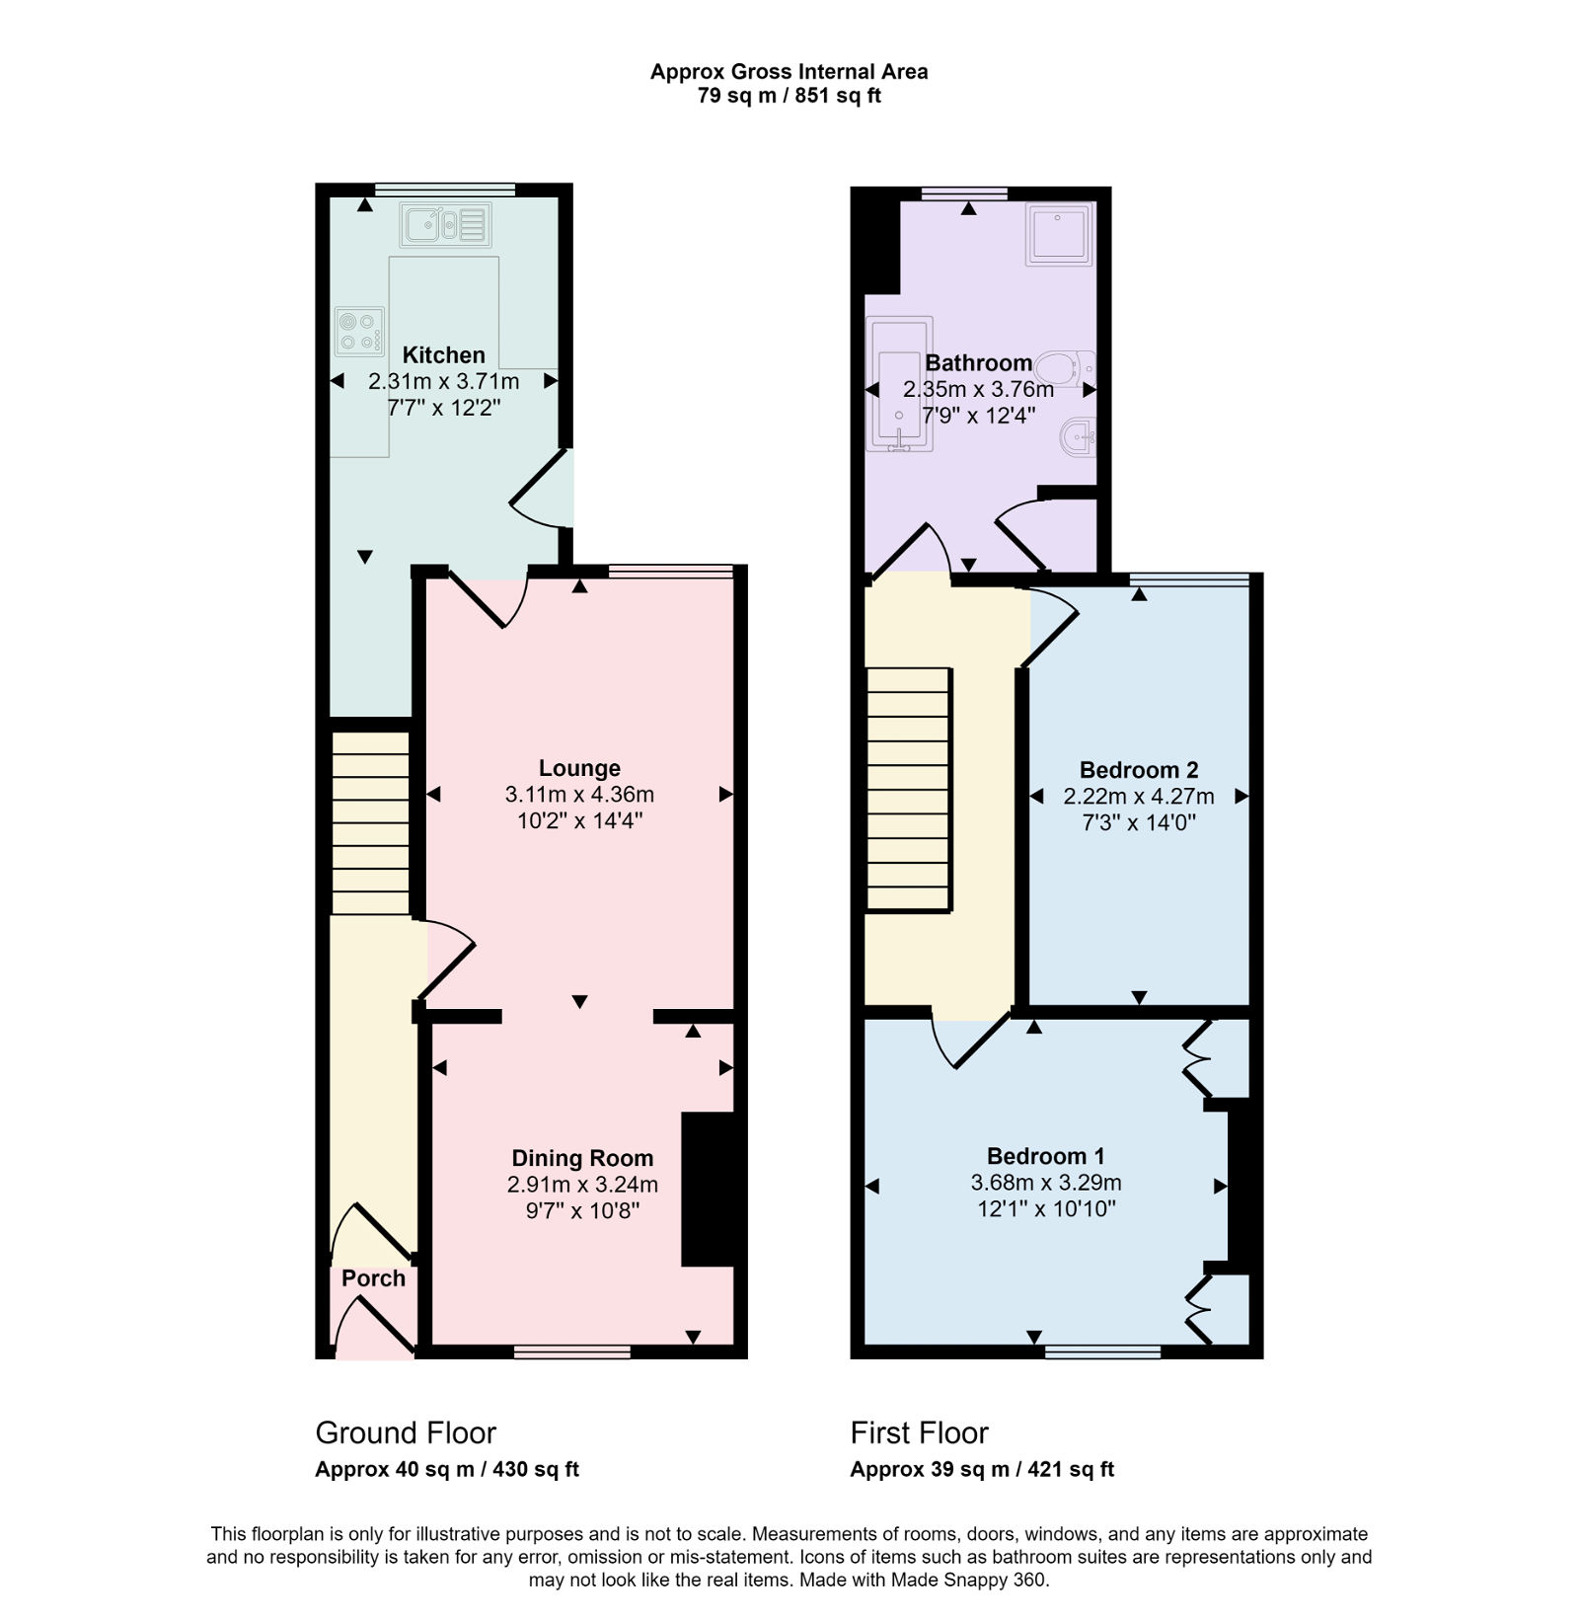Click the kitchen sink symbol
[446, 225]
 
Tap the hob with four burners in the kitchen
[359, 331]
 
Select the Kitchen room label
[444, 355]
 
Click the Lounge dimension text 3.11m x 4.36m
[579, 795]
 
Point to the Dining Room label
[582, 1158]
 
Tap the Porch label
[373, 1278]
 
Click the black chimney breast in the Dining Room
[708, 1189]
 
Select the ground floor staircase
[370, 822]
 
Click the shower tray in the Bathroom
[1059, 234]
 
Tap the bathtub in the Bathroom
[898, 385]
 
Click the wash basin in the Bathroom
[1078, 436]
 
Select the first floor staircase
[909, 789]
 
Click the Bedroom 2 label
[1139, 770]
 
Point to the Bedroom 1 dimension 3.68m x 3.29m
[1046, 1183]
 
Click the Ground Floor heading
[406, 1432]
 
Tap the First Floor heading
[920, 1432]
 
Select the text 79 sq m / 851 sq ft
[789, 96]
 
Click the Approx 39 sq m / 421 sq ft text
[982, 1469]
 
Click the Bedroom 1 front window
[1102, 1351]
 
